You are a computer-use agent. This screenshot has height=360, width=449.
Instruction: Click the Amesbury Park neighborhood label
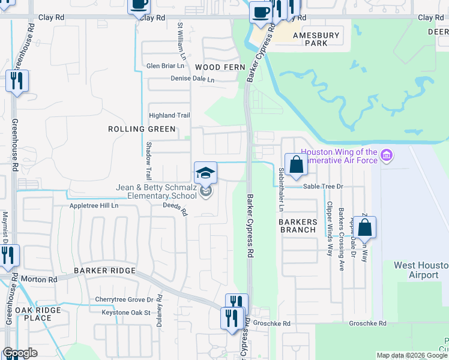(316, 39)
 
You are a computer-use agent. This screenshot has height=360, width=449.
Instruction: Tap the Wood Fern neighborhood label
(217, 67)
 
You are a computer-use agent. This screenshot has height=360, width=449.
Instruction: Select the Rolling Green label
(142, 129)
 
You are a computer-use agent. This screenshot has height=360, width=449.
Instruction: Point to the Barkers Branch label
(298, 226)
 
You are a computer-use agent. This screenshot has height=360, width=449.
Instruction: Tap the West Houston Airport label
(421, 270)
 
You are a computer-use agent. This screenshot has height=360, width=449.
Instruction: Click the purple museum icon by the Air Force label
(386, 157)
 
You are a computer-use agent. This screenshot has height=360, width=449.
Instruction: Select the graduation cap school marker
(205, 172)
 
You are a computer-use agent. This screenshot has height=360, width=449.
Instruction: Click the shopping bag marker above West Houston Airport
(364, 227)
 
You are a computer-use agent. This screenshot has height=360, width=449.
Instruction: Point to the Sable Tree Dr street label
(322, 187)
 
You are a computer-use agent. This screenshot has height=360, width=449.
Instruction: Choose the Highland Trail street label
(169, 115)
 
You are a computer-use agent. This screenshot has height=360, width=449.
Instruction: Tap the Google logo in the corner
(20, 353)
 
